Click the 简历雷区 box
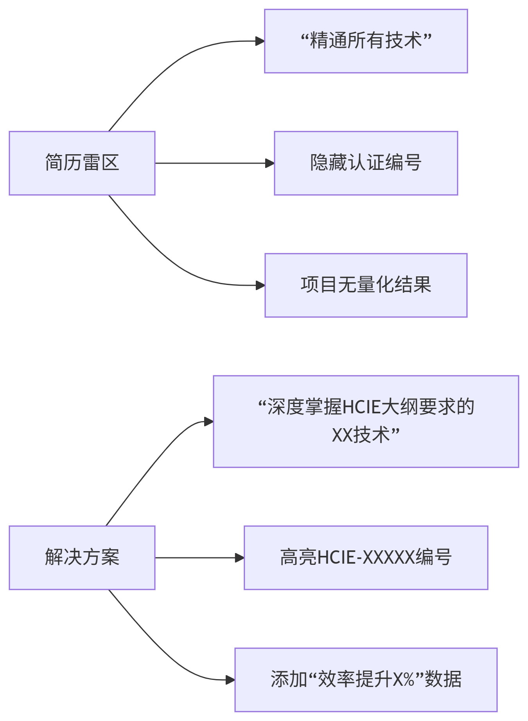pos(82,163)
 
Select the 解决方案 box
pos(82,558)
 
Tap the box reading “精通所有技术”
pos(366,41)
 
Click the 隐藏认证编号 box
pos(366,163)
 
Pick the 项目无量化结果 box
pos(366,285)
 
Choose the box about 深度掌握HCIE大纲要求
pos(366,422)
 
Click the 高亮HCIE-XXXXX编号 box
pos(366,558)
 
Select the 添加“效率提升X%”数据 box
pos(366,680)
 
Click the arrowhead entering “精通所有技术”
pos(260,41)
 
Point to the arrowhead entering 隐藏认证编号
pos(270,163)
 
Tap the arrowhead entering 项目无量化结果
pos(260,285)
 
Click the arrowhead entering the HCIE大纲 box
pos(209,422)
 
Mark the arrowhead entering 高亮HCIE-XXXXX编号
pos(240,558)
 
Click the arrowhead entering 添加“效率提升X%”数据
pos(230,680)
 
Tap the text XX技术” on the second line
pos(366,435)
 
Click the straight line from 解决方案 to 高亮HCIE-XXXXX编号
pos(196,558)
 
